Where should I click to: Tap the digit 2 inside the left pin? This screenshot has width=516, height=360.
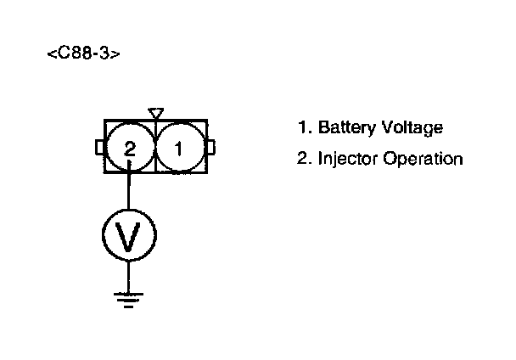pyautogui.click(x=129, y=149)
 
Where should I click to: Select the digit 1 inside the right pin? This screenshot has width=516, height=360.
pyautogui.click(x=178, y=149)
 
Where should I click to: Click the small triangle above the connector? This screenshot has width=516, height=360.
pyautogui.click(x=154, y=112)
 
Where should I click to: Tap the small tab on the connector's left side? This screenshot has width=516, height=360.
pyautogui.click(x=99, y=149)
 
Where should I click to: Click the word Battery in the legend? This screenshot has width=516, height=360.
pyautogui.click(x=343, y=129)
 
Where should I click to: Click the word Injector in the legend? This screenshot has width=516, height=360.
pyautogui.click(x=347, y=159)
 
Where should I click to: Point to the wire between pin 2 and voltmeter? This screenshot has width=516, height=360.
pyautogui.click(x=129, y=188)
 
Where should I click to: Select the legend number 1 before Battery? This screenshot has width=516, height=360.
pyautogui.click(x=302, y=129)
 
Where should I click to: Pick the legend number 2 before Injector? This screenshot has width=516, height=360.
pyautogui.click(x=302, y=159)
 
